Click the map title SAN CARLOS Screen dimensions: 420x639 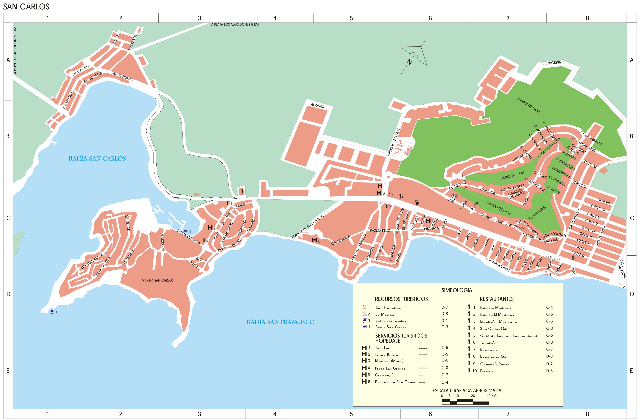tap(26, 6)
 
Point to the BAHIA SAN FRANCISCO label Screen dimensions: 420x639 tap(280, 322)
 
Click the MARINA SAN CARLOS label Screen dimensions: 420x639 tap(157, 280)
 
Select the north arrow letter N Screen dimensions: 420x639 tap(409, 62)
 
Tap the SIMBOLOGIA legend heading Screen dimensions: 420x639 tap(456, 290)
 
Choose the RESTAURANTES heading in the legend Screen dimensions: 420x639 tap(496, 299)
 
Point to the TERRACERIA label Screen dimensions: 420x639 tap(551, 63)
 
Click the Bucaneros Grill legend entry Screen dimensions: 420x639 tap(493, 357)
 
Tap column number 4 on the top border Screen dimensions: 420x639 tap(275, 18)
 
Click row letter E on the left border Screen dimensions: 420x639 tap(8, 371)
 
